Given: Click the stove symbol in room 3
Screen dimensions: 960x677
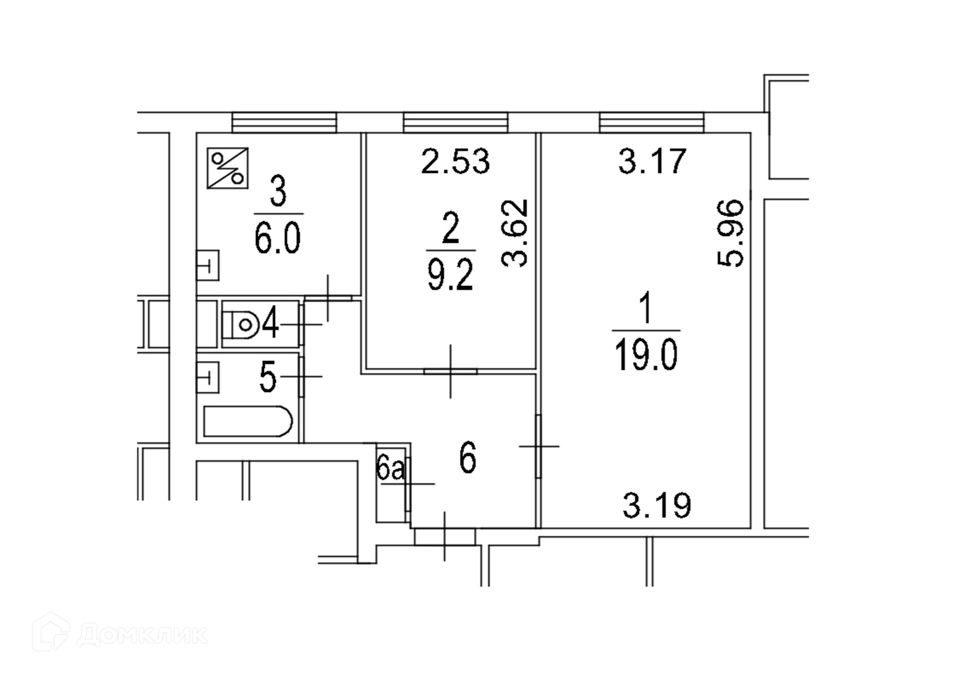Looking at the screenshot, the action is tap(227, 168).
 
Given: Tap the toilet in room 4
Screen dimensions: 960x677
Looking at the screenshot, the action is tap(240, 325).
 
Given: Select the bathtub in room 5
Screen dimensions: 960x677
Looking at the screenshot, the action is tap(247, 421).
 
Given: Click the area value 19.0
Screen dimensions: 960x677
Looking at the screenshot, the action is tap(645, 354).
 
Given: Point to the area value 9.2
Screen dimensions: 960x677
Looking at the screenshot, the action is tap(450, 274).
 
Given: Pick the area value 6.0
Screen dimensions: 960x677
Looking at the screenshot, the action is tap(277, 238).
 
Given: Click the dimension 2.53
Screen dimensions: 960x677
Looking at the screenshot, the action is tap(455, 161).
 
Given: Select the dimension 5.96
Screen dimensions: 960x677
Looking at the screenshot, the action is tap(730, 233).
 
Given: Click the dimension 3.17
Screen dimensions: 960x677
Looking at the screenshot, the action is tap(652, 161).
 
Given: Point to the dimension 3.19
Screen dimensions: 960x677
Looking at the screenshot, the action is tap(656, 505).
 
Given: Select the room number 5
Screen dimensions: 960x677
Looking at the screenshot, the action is tap(268, 377).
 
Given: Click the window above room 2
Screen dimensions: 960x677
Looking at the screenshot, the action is tap(455, 122).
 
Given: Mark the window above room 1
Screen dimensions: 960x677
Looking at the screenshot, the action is tap(651, 122).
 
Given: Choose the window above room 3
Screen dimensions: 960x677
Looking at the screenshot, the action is tap(284, 122).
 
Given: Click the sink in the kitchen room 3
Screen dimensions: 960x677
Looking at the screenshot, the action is tap(207, 265).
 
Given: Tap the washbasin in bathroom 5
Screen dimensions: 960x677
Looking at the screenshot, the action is tap(207, 377).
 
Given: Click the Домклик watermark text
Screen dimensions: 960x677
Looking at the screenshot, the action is tap(142, 635).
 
